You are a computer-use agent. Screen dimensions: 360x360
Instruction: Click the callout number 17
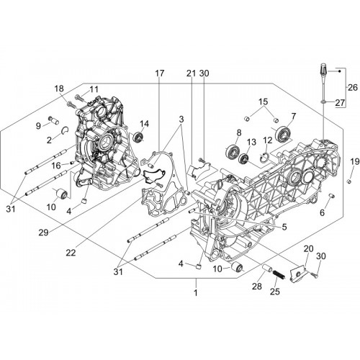[160, 73]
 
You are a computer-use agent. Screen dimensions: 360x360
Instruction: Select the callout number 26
[353, 88]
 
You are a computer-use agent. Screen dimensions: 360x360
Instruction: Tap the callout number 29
[44, 233]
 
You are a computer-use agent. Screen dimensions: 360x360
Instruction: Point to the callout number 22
[71, 252]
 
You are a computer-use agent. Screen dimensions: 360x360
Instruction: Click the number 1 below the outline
[196, 292]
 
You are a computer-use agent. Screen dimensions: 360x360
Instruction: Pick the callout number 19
[355, 162]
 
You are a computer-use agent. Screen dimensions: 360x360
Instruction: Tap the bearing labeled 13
[245, 158]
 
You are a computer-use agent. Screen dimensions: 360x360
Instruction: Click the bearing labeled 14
[138, 137]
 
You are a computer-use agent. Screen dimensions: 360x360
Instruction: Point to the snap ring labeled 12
[264, 158]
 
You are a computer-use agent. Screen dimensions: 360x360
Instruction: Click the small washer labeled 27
[323, 102]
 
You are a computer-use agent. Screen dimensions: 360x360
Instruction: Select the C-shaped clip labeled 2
[66, 130]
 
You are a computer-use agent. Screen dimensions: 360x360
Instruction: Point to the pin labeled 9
[54, 120]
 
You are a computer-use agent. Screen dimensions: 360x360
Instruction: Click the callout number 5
[284, 227]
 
